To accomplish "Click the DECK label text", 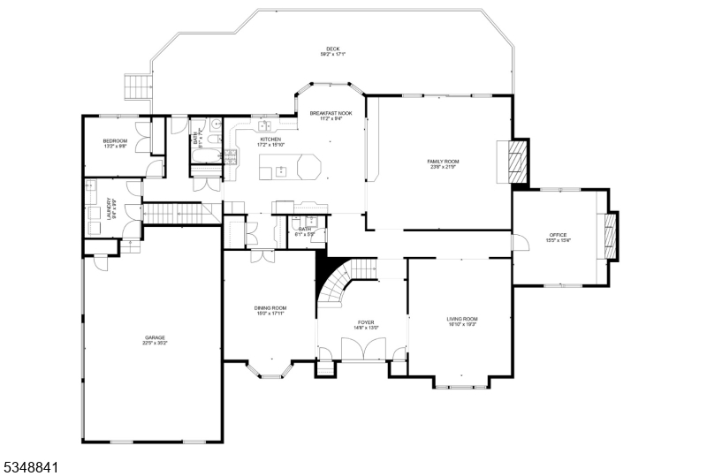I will coord(332,49).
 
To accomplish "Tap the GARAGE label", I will coord(156,337).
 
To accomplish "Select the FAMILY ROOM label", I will coord(443,161).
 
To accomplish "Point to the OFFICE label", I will coord(559,235).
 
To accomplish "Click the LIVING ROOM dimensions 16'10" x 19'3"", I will coord(461,324).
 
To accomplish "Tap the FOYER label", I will coord(366,322).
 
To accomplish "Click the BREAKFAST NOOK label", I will coord(331,114).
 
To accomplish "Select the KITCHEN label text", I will coord(270,139).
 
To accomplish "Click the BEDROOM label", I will coord(115,141).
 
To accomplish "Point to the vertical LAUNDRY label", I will coord(109,208).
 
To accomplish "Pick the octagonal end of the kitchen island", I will coord(309,167).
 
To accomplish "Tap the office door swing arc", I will coord(521,240).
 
